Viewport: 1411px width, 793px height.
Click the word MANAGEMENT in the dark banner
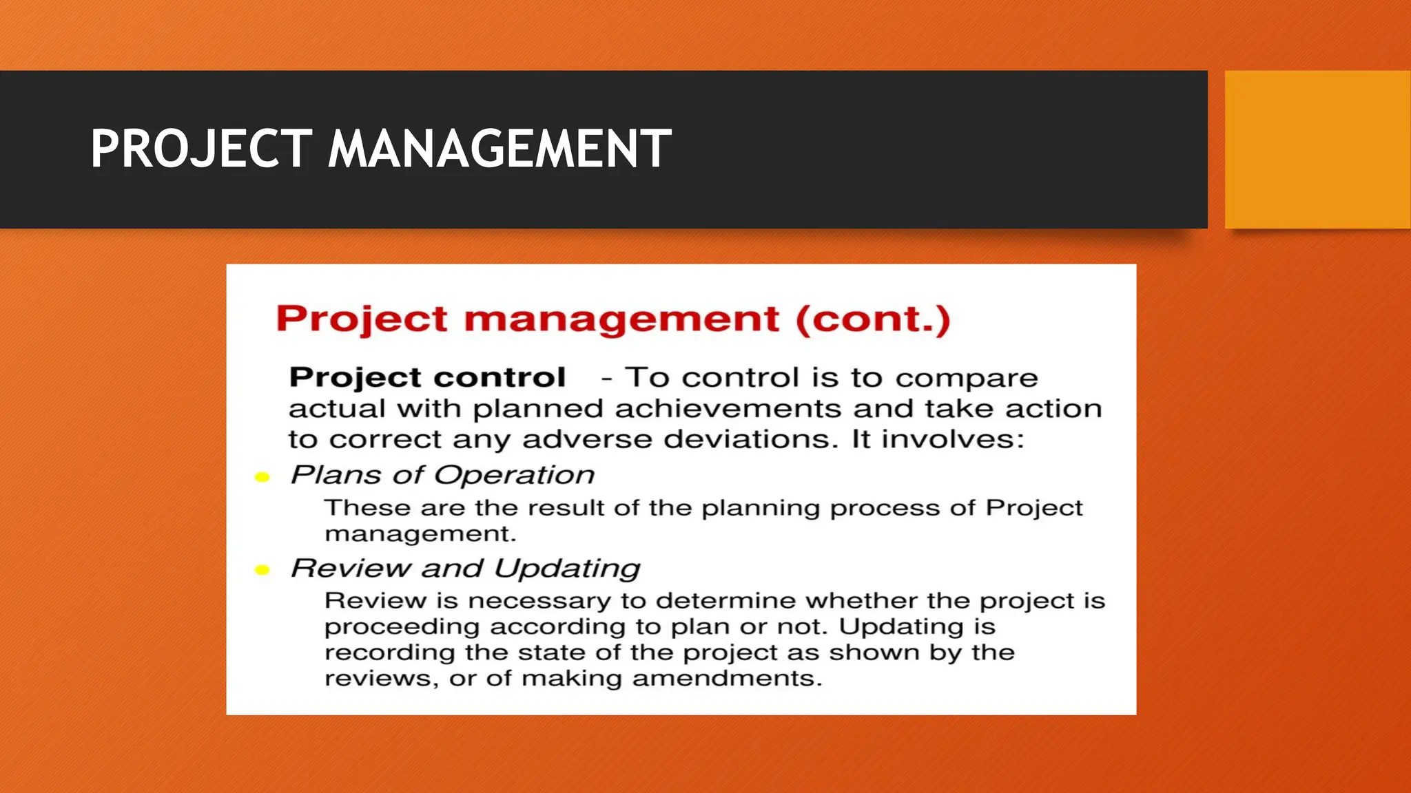(499, 149)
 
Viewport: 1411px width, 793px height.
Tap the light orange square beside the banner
(1317, 149)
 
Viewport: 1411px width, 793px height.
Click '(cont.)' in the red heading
(873, 319)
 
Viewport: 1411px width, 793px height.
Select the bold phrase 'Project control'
(427, 377)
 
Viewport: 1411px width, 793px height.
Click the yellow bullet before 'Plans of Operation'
(262, 477)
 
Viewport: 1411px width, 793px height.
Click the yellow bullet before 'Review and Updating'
(262, 569)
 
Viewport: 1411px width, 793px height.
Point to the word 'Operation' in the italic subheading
(514, 475)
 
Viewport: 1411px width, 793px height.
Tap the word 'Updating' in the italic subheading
(567, 569)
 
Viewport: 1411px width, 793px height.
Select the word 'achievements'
(728, 408)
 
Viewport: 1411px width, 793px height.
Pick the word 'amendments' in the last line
(727, 678)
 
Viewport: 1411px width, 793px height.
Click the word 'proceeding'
(402, 627)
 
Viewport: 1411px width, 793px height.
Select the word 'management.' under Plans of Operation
(420, 534)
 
